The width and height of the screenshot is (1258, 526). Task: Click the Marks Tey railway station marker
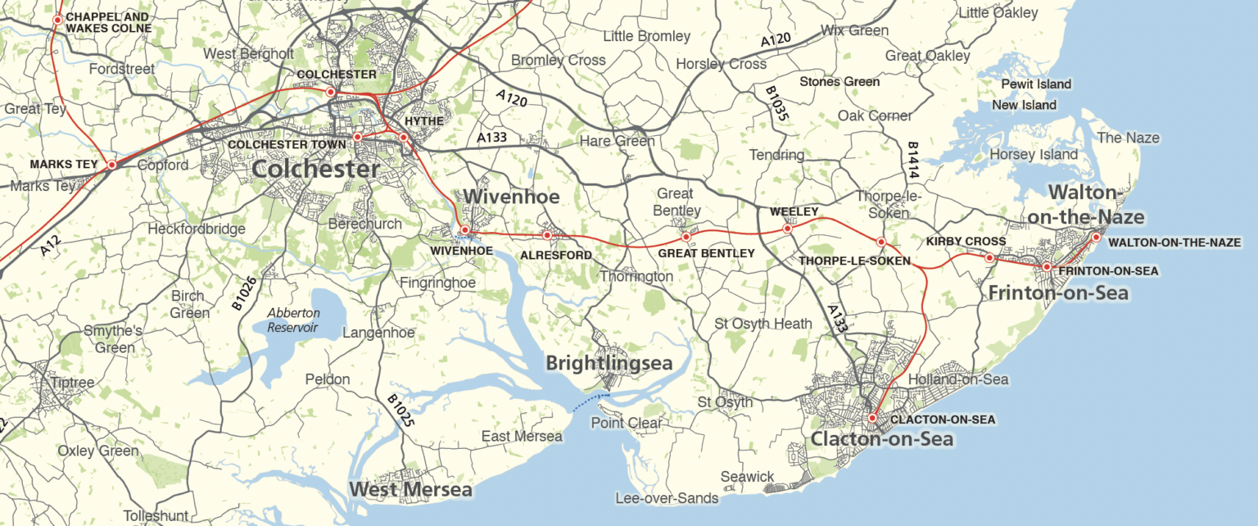(x=112, y=165)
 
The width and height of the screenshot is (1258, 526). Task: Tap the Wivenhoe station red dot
(x=464, y=230)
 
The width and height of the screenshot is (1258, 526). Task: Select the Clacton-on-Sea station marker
(x=873, y=418)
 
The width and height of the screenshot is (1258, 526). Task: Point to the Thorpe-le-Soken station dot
(x=881, y=242)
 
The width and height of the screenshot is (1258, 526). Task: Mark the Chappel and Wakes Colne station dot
(x=57, y=20)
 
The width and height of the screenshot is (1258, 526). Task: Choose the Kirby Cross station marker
(x=989, y=258)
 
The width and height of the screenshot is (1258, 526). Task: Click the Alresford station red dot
(x=547, y=236)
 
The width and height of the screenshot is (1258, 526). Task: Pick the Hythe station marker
(x=404, y=137)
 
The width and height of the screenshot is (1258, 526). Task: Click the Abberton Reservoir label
(x=292, y=320)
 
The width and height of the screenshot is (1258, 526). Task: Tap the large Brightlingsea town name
(x=609, y=363)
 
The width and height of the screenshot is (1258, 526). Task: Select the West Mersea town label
(x=410, y=490)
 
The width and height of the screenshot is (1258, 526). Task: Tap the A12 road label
(x=50, y=243)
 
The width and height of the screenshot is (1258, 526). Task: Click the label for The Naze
(x=1128, y=138)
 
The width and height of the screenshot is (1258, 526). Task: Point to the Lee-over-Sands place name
(x=667, y=498)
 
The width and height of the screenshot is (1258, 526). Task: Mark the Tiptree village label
(x=73, y=383)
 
